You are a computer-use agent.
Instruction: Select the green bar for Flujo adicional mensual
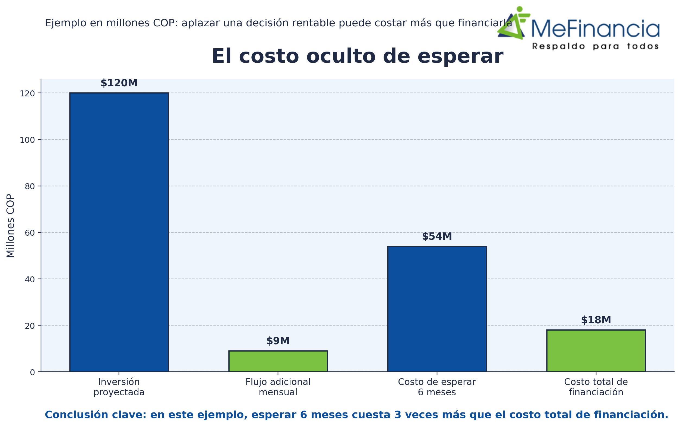[278, 361]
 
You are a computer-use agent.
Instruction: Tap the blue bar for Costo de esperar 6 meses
[437, 309]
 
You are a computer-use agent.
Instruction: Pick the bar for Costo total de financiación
[596, 351]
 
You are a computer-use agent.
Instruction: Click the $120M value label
[119, 83]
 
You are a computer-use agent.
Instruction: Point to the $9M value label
[278, 341]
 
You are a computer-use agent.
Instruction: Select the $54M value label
[437, 237]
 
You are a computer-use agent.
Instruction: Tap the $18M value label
[596, 320]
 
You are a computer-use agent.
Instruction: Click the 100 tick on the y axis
[27, 140]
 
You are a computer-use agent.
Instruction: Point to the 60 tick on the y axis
[30, 233]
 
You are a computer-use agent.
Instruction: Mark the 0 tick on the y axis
[32, 373]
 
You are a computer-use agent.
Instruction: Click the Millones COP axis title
[10, 226]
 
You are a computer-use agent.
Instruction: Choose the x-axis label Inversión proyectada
[119, 387]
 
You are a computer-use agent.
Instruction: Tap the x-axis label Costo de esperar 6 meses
[437, 387]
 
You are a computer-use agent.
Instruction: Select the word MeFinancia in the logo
[595, 29]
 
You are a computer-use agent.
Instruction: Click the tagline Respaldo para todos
[595, 46]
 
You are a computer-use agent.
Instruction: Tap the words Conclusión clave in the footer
[95, 415]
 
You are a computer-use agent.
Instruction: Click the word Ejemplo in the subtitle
[66, 23]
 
